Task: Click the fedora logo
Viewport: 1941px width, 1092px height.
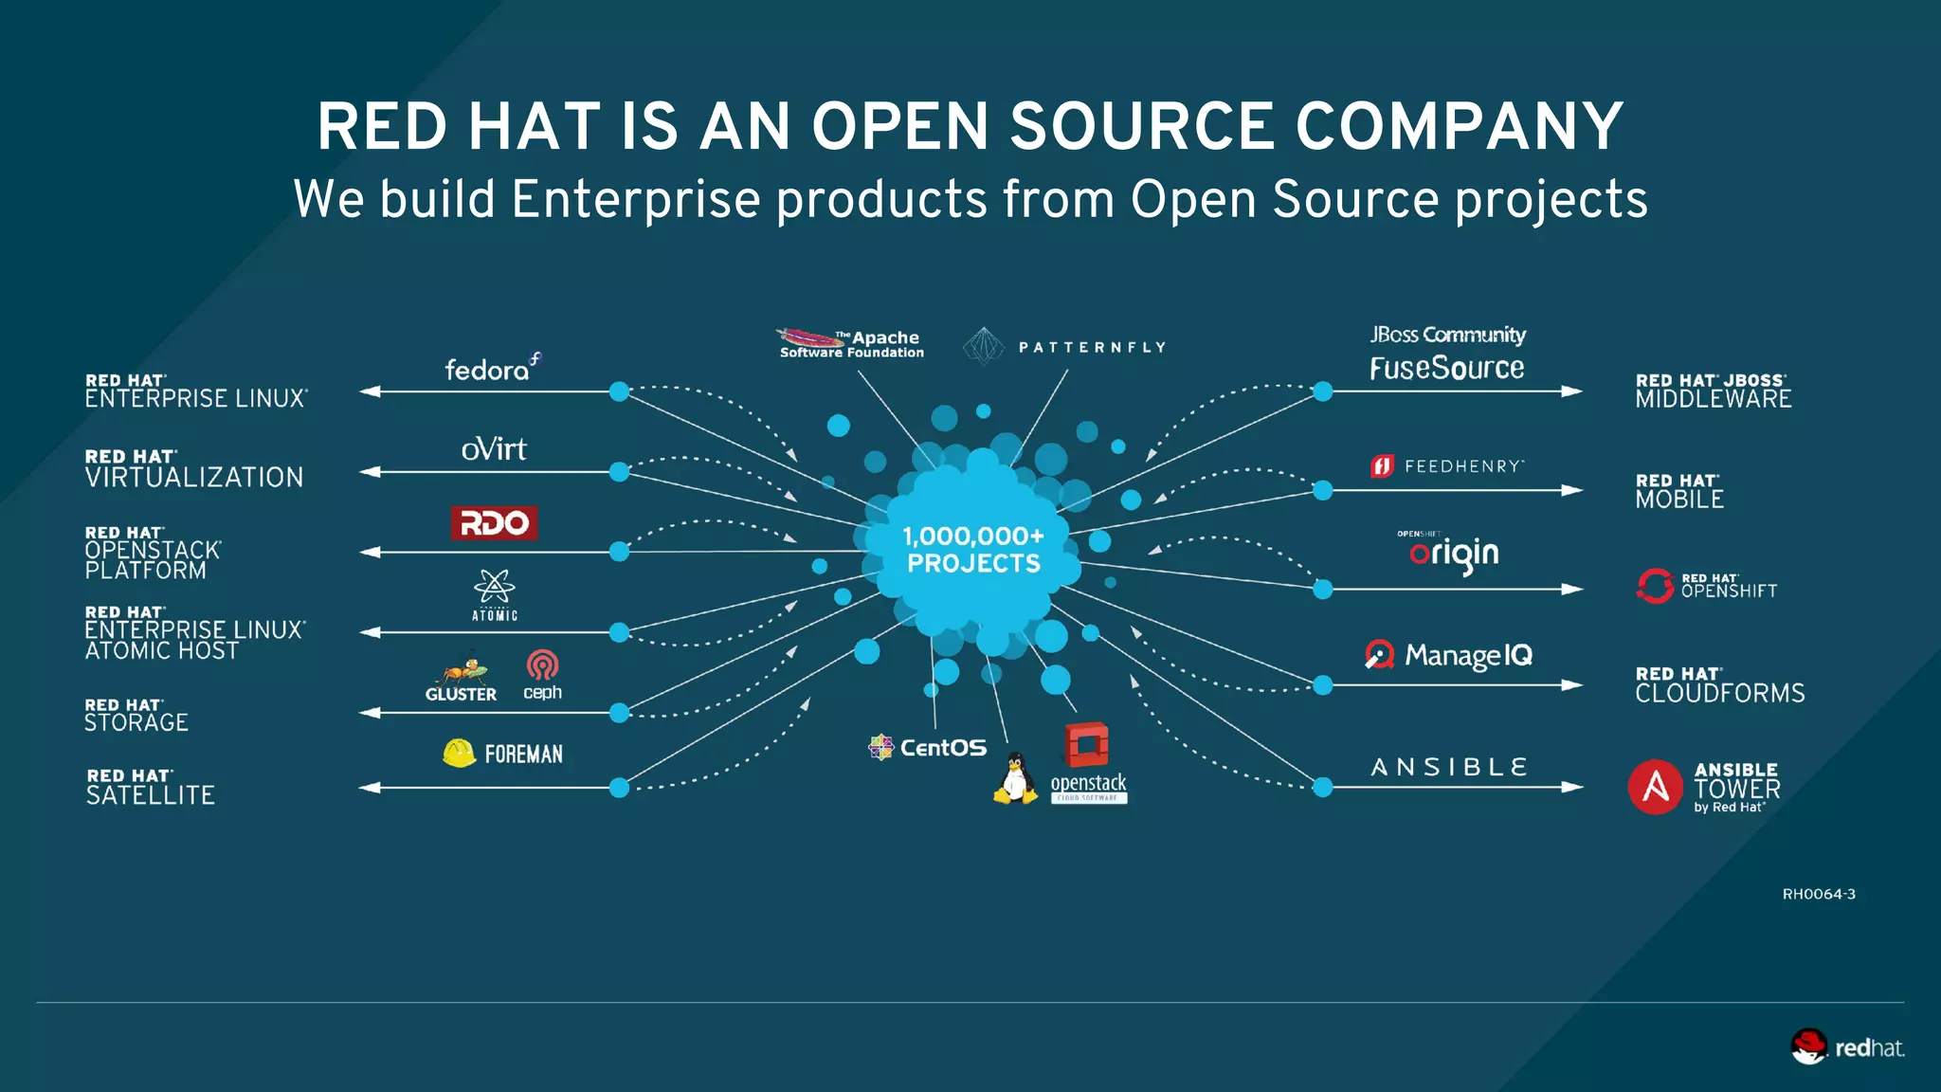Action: click(492, 368)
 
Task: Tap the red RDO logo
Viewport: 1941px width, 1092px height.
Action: click(494, 522)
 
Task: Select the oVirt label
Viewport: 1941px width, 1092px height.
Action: click(494, 448)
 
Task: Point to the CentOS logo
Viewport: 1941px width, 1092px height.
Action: click(928, 748)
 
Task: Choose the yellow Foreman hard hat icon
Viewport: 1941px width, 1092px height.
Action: click(460, 753)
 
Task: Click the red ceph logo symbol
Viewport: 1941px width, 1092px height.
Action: click(542, 665)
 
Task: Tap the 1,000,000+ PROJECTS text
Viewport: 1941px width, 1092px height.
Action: click(973, 550)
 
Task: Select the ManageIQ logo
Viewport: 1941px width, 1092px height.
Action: click(1448, 655)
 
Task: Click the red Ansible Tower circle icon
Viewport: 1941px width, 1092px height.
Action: click(1655, 787)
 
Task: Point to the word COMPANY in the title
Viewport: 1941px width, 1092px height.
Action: click(1460, 126)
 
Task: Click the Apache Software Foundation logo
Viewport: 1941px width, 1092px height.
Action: click(850, 343)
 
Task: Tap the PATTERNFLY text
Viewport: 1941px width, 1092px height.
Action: click(1092, 348)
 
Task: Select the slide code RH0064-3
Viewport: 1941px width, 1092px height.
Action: click(1818, 894)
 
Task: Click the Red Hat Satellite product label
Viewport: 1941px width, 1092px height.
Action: click(150, 788)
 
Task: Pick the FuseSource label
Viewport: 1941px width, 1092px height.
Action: click(1446, 368)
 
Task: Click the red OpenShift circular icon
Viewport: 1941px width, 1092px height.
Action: click(1655, 586)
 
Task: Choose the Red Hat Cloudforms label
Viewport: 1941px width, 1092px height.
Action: click(1719, 685)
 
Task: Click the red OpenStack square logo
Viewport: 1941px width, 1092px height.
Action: click(1087, 745)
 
